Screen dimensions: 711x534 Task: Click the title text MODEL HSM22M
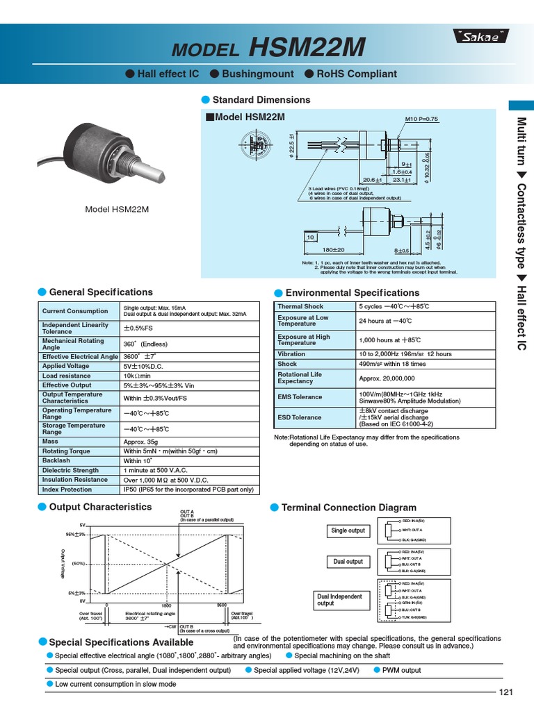coord(267,47)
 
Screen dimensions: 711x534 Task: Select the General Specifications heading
coord(101,292)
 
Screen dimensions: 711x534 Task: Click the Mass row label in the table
coord(51,442)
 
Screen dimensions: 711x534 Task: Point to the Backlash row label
coord(56,460)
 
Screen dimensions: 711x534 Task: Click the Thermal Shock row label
coord(300,306)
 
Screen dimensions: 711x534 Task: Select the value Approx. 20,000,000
coord(387,378)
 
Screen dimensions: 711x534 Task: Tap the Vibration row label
coord(291,354)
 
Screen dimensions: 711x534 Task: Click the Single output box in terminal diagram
coord(348,530)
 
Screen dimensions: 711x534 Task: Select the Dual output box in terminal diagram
coord(348,561)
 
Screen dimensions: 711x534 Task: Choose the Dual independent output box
coord(339,600)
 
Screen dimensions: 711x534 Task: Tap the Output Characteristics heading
coord(100,508)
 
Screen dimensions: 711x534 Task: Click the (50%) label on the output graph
coord(78,563)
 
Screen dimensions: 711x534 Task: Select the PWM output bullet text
coord(402,670)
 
